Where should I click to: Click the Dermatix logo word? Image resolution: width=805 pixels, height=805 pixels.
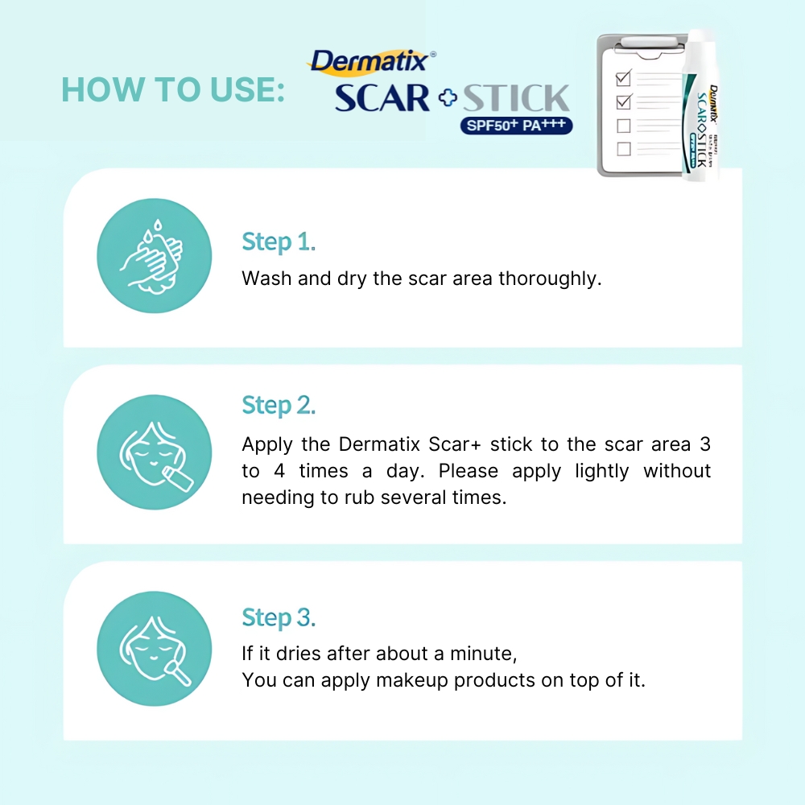click(370, 62)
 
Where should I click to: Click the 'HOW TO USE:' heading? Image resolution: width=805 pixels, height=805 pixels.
click(173, 89)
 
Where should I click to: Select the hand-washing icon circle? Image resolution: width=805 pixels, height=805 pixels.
click(155, 257)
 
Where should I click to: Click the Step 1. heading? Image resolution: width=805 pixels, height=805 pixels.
click(279, 242)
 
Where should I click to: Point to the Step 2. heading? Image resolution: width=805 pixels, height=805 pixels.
click(279, 405)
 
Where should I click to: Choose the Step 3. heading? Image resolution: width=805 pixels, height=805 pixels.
click(279, 617)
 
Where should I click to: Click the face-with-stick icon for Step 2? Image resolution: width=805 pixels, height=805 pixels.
click(155, 452)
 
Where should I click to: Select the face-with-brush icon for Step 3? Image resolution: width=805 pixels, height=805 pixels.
click(155, 650)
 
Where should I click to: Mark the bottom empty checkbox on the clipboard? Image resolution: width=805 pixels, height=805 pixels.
click(623, 149)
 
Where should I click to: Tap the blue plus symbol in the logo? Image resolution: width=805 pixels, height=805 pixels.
click(447, 99)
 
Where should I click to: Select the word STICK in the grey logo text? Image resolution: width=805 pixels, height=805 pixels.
click(515, 98)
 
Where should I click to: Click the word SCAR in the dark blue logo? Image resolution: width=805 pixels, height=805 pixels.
click(383, 98)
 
